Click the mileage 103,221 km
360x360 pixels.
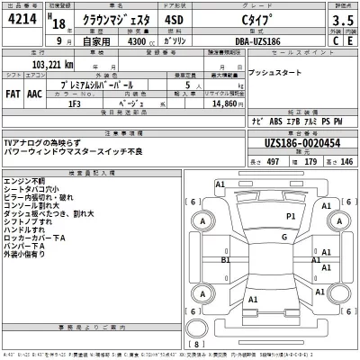[50, 66]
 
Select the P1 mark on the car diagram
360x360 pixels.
[291, 217]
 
